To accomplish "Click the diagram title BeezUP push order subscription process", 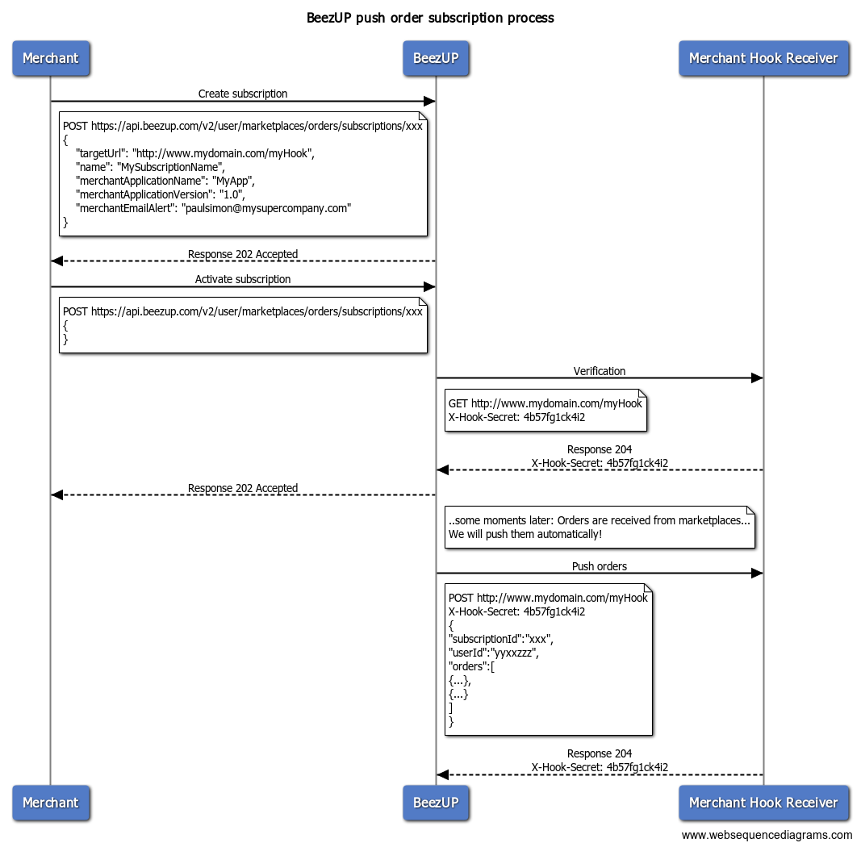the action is click(x=430, y=18).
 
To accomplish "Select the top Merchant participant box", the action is click(x=51, y=58).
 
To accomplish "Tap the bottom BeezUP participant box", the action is click(x=436, y=803).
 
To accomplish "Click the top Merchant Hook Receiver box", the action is click(x=763, y=58).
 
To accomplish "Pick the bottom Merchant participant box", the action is click(x=51, y=803).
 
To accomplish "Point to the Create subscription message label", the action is click(x=243, y=94).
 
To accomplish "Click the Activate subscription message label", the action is click(x=243, y=279).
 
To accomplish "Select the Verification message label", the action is click(x=599, y=371).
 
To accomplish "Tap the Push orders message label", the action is click(x=599, y=566).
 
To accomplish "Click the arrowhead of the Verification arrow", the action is click(x=757, y=378).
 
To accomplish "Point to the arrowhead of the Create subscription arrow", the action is click(x=429, y=101).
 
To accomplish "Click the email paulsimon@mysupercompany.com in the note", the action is click(x=266, y=209).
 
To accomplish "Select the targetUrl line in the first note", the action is click(x=195, y=154).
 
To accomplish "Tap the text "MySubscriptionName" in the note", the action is click(x=171, y=168).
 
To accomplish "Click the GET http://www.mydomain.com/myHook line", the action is click(x=545, y=403).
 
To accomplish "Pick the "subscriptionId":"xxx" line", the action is click(x=501, y=639).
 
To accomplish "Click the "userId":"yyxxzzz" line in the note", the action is click(x=494, y=653).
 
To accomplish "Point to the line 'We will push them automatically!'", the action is click(x=525, y=534).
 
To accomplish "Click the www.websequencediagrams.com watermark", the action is click(x=767, y=835).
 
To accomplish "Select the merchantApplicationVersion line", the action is click(x=161, y=195).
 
